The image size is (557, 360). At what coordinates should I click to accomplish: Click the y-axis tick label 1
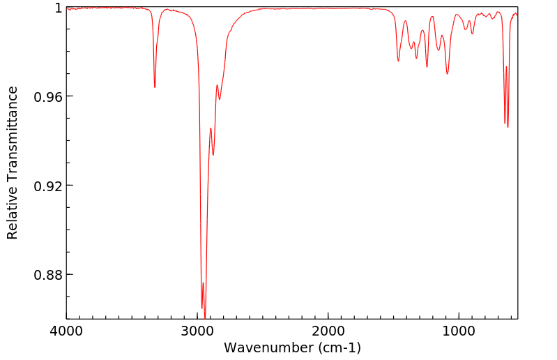pos(58,8)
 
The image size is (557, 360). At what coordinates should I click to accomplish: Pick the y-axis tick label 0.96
pos(49,96)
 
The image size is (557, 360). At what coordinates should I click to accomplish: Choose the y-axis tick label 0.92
pos(49,186)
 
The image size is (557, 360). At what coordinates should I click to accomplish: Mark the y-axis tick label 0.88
pos(49,275)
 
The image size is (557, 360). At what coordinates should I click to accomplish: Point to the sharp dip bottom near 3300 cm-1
pos(155,87)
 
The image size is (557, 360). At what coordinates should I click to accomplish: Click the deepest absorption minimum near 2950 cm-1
pos(204,315)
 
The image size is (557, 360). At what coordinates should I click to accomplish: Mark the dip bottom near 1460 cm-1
pos(398,61)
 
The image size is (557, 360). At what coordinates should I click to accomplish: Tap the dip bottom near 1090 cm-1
pos(448,73)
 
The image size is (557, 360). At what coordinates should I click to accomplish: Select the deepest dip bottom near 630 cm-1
pos(508,127)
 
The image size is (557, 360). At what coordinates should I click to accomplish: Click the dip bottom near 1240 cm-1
pos(427,67)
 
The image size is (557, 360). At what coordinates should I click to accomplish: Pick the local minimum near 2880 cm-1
pos(213,155)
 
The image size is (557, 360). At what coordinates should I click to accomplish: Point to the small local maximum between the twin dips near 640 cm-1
pos(506,67)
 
